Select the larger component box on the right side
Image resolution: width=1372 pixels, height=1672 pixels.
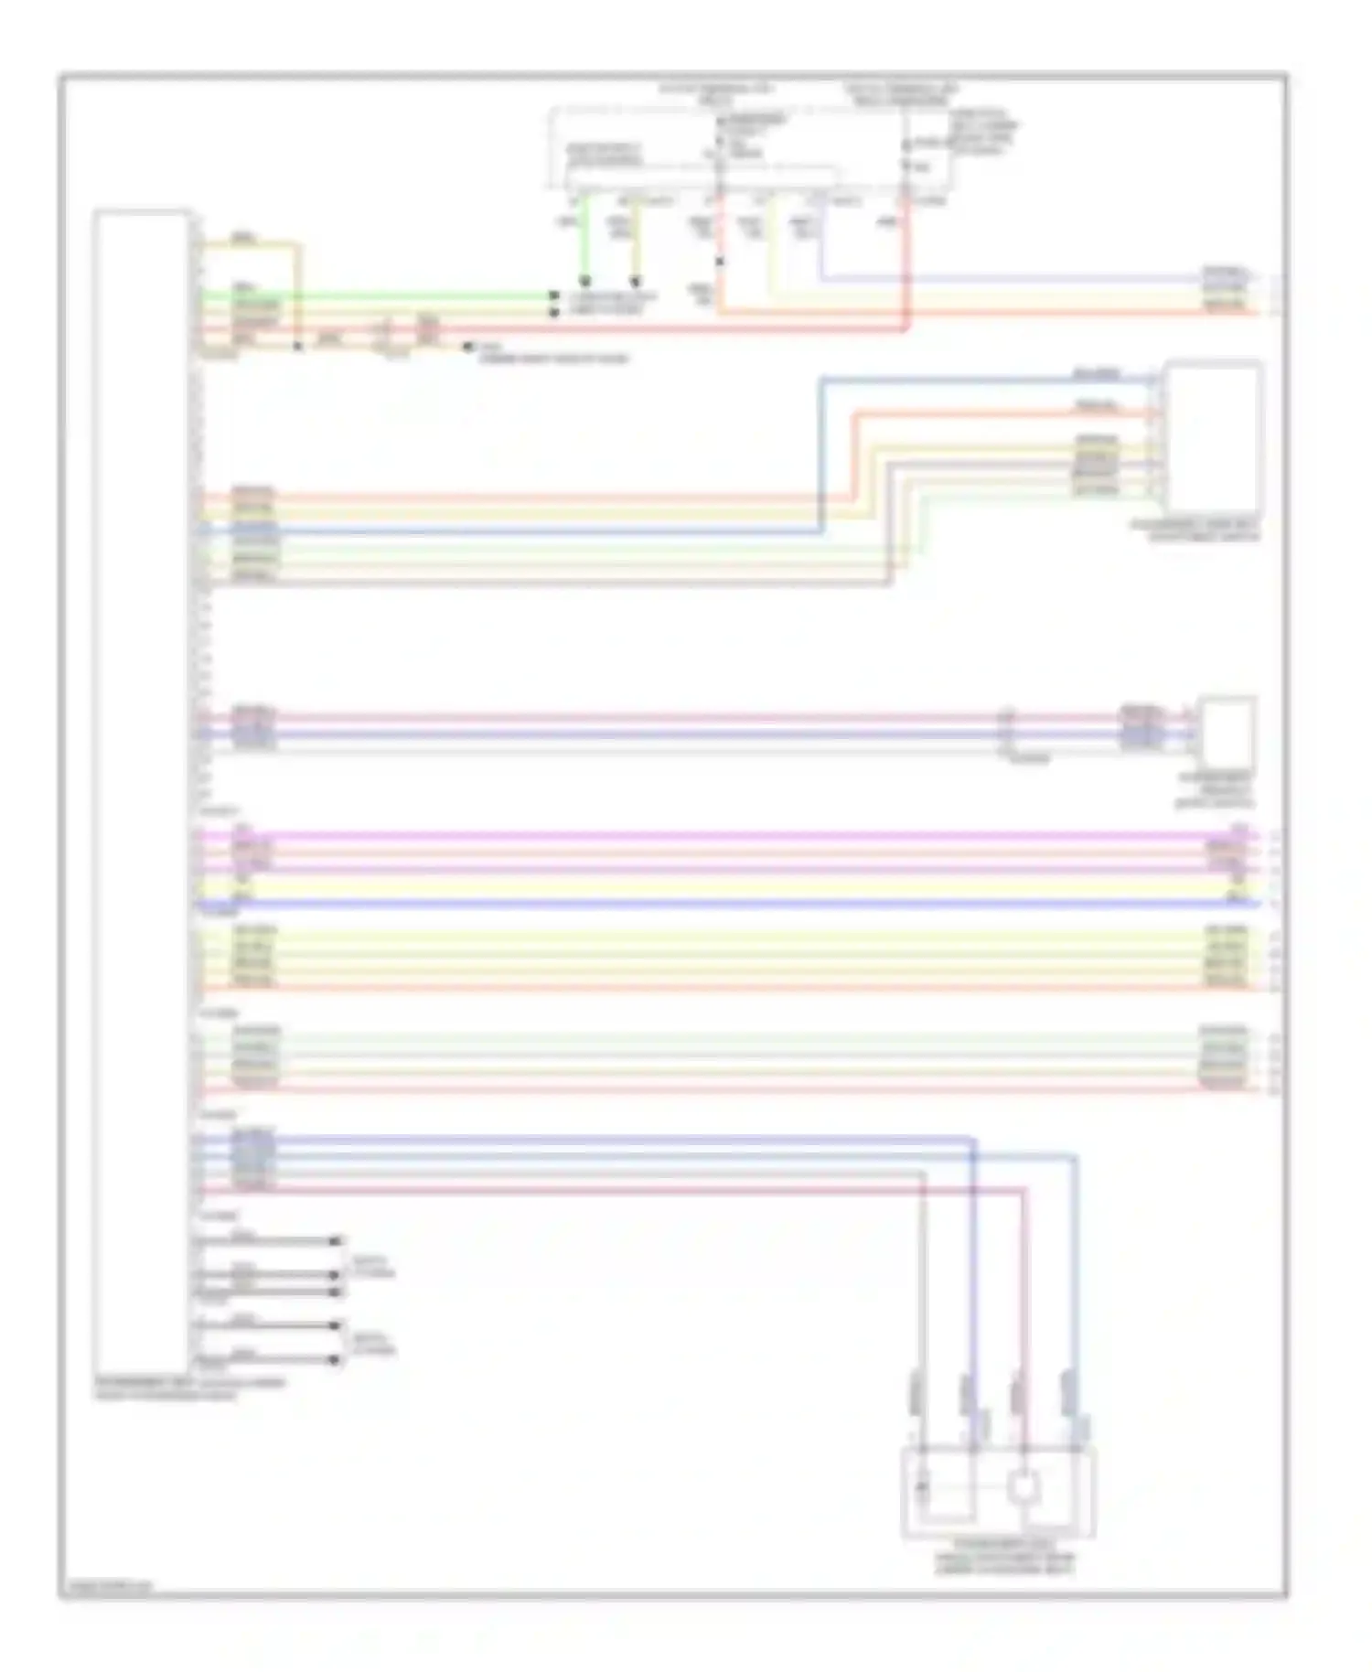[x=1213, y=437]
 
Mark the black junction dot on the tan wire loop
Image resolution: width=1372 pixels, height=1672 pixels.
[x=297, y=347]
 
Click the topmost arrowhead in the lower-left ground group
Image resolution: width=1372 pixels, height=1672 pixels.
[x=336, y=1241]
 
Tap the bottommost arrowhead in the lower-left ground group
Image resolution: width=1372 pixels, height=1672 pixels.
[x=336, y=1360]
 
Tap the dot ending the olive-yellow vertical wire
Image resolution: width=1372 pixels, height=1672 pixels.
[x=636, y=281]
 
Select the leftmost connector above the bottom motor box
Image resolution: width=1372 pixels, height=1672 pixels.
[x=914, y=1397]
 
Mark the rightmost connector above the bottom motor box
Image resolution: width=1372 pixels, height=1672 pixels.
[x=1067, y=1397]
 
